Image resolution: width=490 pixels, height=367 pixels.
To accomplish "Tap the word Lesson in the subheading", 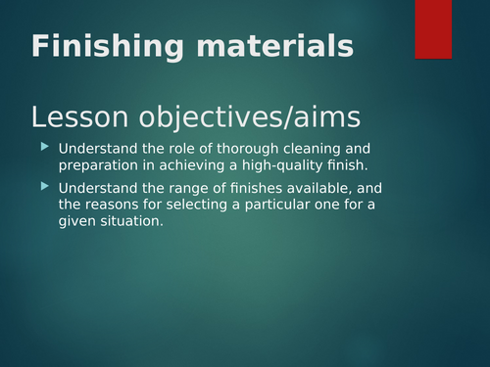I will coord(79,118).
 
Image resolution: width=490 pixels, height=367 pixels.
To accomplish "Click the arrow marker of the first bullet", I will coord(43,147).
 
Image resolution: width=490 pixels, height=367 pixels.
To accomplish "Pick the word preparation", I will coord(102,164).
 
